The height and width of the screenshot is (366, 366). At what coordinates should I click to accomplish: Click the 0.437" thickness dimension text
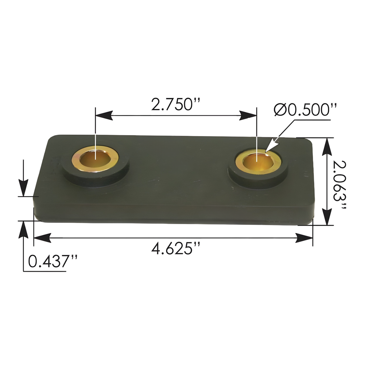click(x=53, y=262)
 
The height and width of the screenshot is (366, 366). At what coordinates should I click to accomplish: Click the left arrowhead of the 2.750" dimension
click(x=104, y=115)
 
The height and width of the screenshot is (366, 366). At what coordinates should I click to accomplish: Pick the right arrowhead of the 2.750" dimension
click(x=249, y=115)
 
